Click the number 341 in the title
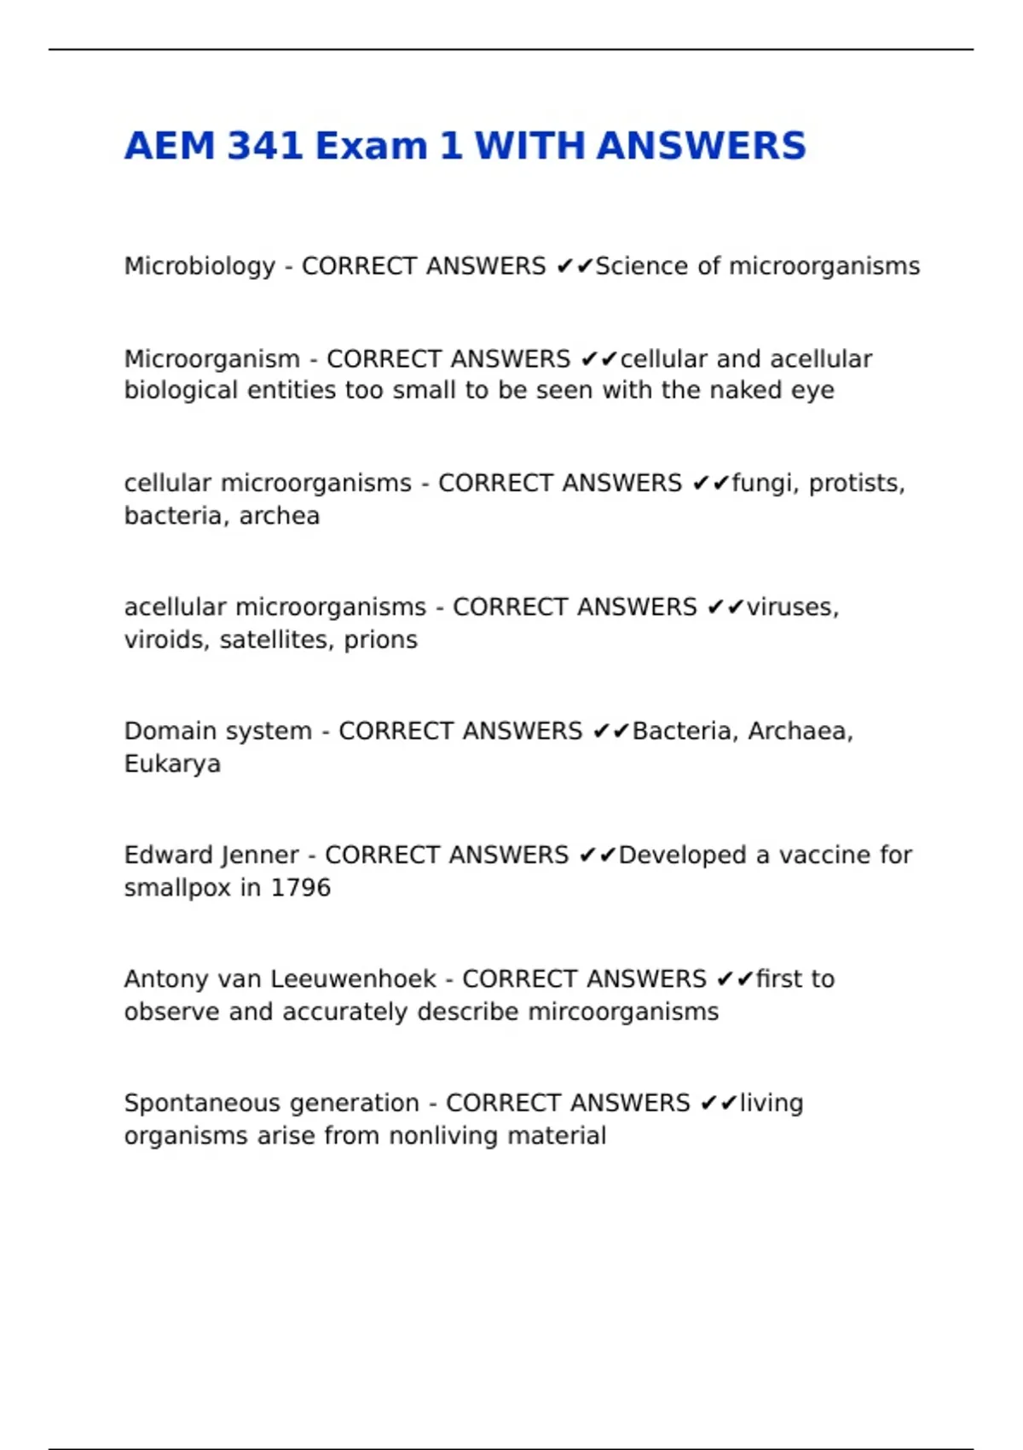[x=264, y=146]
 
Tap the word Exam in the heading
[x=371, y=146]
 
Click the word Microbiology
[x=199, y=267]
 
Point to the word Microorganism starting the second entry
[x=211, y=359]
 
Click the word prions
[x=380, y=641]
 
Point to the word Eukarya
[x=172, y=763]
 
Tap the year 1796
[x=300, y=888]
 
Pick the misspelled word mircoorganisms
[x=623, y=1012]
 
